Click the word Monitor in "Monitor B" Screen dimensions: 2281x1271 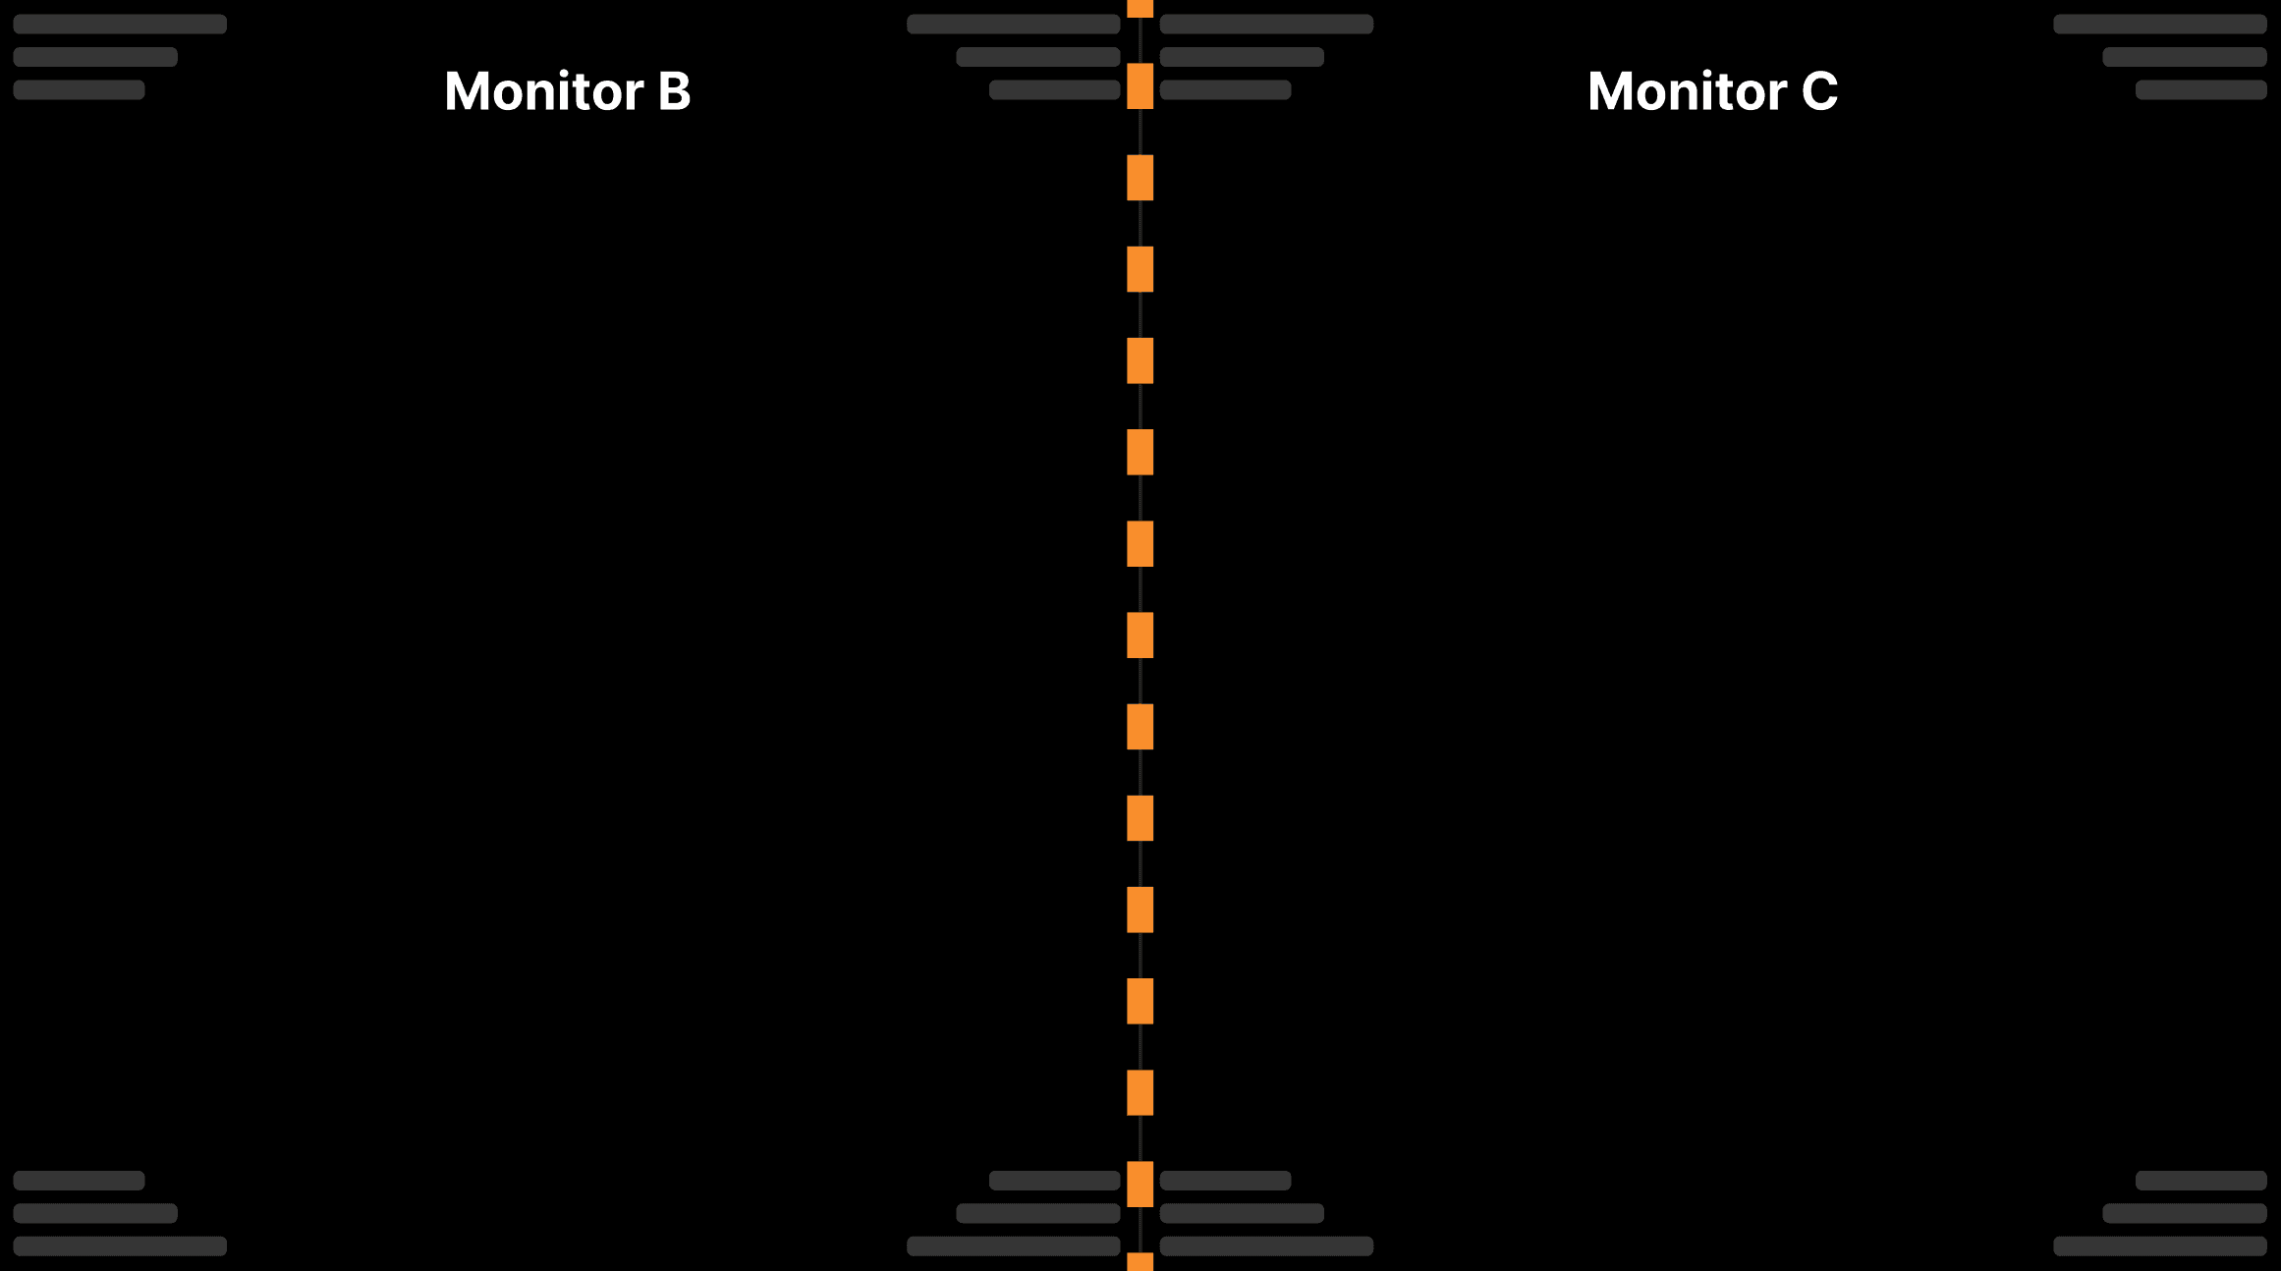click(543, 91)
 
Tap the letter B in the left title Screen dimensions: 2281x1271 click(674, 91)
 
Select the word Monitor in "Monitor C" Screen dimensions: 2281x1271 click(1687, 91)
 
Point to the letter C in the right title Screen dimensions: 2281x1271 click(1819, 91)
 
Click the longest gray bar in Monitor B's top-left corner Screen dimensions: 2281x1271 click(120, 25)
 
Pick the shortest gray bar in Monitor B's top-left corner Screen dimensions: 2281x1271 click(79, 90)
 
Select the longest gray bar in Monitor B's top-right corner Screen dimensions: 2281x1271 click(1013, 25)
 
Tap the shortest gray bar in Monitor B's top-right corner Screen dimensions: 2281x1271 click(1054, 90)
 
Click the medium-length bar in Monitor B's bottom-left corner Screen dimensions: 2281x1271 click(95, 1213)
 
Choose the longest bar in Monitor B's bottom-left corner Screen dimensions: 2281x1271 click(120, 1246)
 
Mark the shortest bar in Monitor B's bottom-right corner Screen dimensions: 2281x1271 click(1054, 1181)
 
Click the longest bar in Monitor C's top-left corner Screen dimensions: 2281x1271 click(1266, 25)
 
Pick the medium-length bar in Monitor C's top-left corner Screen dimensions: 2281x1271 click(1242, 57)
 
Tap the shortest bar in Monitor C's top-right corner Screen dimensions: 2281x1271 click(2200, 90)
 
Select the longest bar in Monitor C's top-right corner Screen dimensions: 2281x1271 click(2159, 25)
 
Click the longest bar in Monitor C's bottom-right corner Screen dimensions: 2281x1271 click(2159, 1246)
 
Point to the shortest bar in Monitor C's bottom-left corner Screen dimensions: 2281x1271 click(1225, 1181)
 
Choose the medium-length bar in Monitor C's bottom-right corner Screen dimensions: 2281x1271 click(2184, 1213)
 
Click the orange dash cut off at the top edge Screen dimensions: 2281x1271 click(1140, 8)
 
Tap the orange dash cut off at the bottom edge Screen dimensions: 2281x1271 click(1140, 1262)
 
